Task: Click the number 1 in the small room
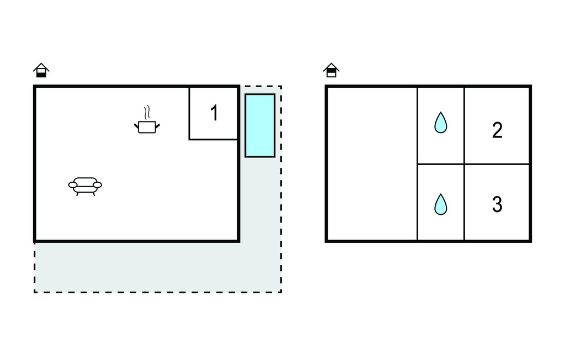pyautogui.click(x=215, y=113)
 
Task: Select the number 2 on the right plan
pyautogui.click(x=497, y=130)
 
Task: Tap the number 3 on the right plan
pyautogui.click(x=497, y=204)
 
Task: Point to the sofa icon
pyautogui.click(x=85, y=186)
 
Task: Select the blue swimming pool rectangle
pyautogui.click(x=260, y=125)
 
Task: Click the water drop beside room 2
pyautogui.click(x=441, y=123)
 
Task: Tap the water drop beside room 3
pyautogui.click(x=441, y=204)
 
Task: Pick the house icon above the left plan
pyautogui.click(x=41, y=70)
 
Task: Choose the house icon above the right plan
pyautogui.click(x=332, y=70)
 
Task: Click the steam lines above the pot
pyautogui.click(x=146, y=113)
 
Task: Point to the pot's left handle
pyautogui.click(x=137, y=126)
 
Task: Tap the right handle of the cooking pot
pyautogui.click(x=157, y=126)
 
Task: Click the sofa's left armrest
pyautogui.click(x=73, y=185)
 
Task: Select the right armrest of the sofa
pyautogui.click(x=97, y=185)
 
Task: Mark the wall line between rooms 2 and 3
pyautogui.click(x=497, y=165)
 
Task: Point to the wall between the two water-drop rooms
pyautogui.click(x=441, y=165)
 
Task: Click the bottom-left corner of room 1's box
pyautogui.click(x=189, y=139)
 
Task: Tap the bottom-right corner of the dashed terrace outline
pyautogui.click(x=281, y=292)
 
